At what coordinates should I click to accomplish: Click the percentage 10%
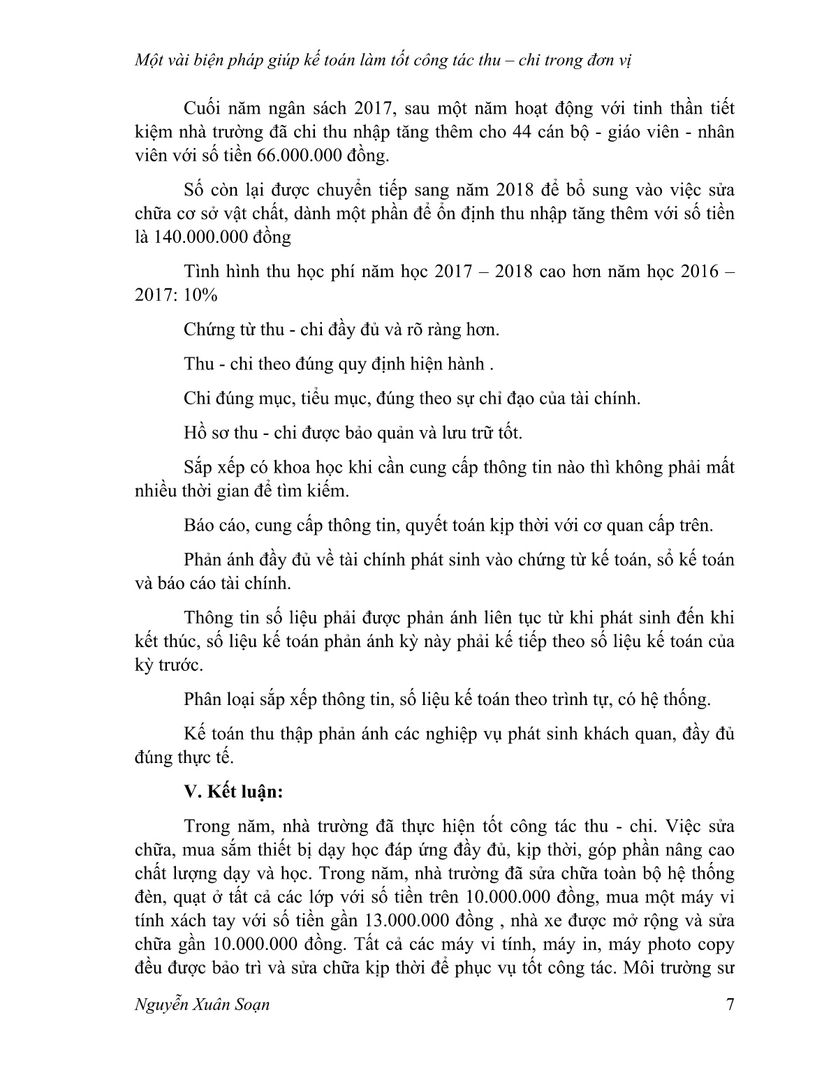[x=202, y=295]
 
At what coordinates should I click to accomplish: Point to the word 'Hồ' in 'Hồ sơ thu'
[x=196, y=433]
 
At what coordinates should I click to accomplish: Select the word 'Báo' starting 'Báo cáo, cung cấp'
[x=200, y=526]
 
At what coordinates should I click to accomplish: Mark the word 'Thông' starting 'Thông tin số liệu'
[x=210, y=618]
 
